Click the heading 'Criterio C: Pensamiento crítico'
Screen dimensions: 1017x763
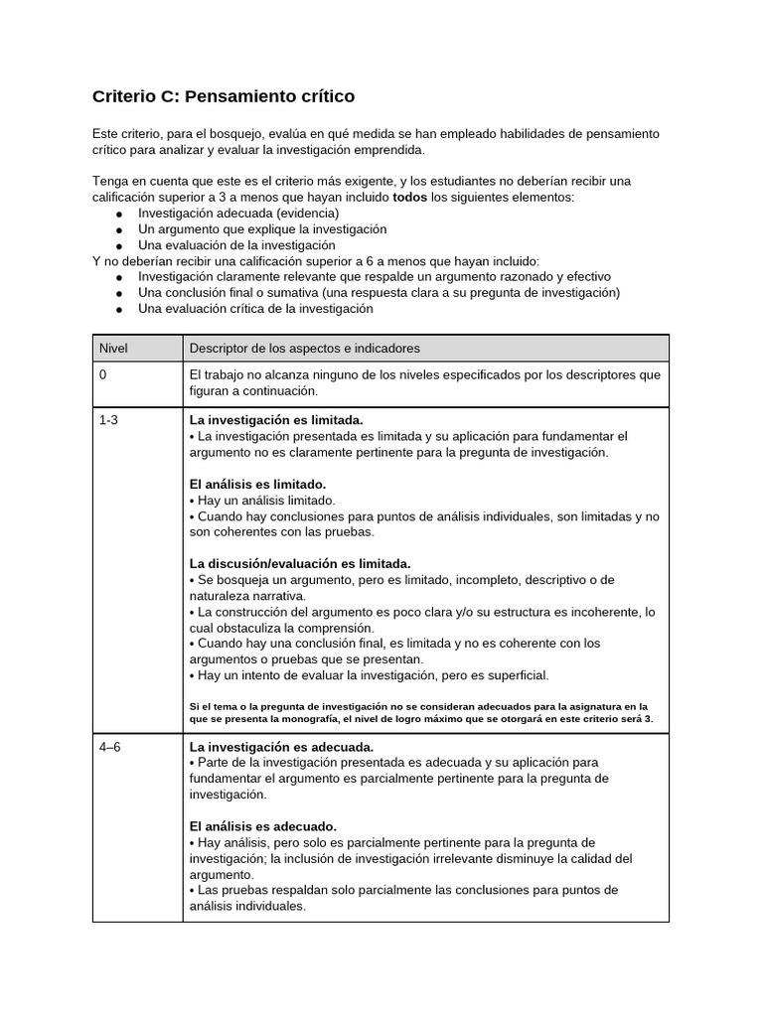click(x=223, y=96)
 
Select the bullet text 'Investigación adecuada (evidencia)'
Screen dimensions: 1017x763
click(x=238, y=213)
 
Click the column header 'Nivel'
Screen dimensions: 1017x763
click(x=114, y=349)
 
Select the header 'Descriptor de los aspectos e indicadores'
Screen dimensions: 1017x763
click(x=304, y=349)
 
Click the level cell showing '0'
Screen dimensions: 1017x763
click(x=103, y=375)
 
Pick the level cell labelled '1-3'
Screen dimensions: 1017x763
click(x=108, y=420)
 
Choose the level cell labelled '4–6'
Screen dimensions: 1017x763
click(x=109, y=746)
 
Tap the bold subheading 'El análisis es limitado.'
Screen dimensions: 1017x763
click(x=257, y=484)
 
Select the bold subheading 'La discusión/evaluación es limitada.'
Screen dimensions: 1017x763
click(x=300, y=563)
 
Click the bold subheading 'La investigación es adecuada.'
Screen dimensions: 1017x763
click(x=281, y=746)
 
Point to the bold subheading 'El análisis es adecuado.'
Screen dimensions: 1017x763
click(x=263, y=825)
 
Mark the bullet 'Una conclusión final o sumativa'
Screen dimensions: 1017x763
click(x=378, y=292)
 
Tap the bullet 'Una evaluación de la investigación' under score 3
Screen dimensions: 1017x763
click(x=236, y=244)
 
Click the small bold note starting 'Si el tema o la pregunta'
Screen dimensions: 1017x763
click(x=421, y=712)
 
